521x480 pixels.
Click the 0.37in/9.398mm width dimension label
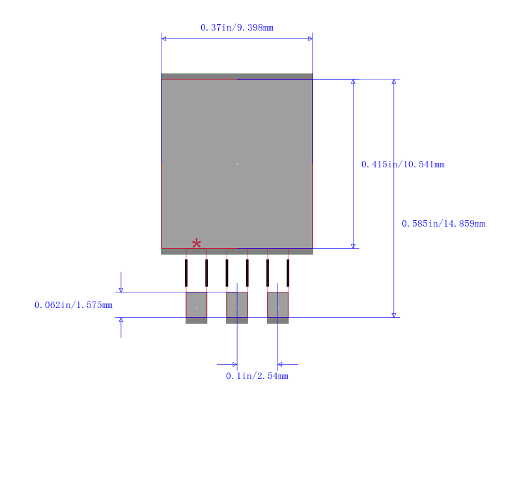point(236,27)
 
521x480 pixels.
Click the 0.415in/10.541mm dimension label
point(402,164)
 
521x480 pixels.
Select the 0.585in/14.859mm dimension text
point(443,223)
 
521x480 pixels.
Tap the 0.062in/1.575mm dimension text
point(73,305)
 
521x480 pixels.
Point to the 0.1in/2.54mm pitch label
point(257,376)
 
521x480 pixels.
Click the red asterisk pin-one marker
point(196,244)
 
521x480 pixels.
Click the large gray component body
point(237,163)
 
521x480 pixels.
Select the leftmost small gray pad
point(196,307)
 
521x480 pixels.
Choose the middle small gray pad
point(237,307)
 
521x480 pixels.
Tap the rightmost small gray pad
point(277,307)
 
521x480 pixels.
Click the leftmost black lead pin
point(186,273)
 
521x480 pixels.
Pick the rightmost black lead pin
point(288,273)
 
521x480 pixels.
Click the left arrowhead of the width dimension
point(164,38)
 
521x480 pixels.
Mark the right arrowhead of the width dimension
point(310,38)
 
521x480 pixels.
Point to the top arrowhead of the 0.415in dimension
point(353,82)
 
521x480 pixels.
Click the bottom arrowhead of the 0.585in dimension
point(393,315)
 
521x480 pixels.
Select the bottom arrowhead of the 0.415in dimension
point(353,246)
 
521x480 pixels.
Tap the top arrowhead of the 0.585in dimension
point(393,82)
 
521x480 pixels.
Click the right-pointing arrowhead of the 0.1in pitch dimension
point(234,364)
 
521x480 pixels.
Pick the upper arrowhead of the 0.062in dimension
point(121,290)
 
